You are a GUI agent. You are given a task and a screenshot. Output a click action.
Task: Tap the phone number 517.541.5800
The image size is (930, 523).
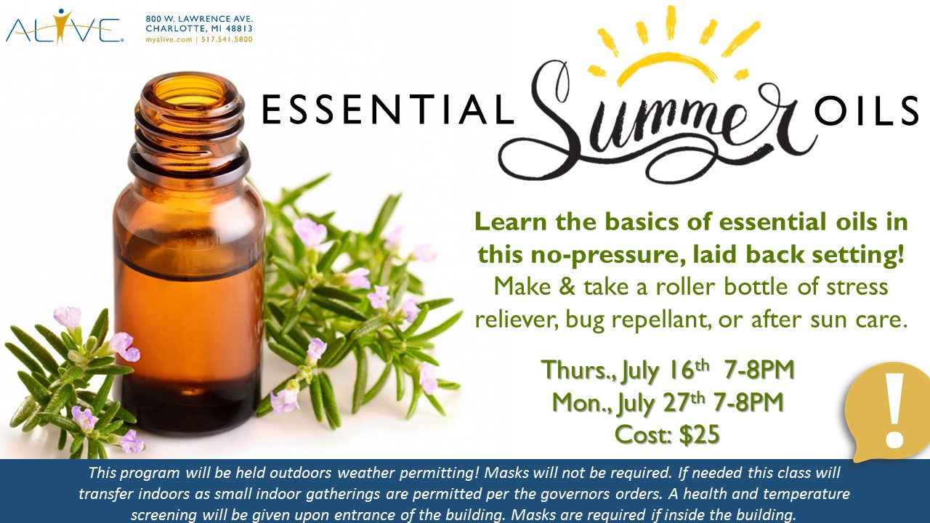coord(227,40)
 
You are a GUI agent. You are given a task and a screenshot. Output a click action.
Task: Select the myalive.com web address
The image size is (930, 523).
coord(169,40)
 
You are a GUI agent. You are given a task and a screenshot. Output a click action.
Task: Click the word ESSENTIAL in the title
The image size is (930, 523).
coord(388,110)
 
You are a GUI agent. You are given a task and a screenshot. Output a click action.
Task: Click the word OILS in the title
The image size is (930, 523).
coord(867,110)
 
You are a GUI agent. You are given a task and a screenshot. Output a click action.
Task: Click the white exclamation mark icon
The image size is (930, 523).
coord(894,415)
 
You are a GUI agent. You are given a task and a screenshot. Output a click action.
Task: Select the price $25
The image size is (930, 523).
coord(699,434)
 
